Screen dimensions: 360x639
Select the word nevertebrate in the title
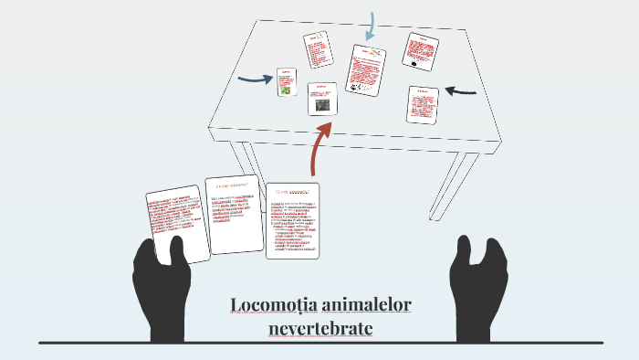pos(321,326)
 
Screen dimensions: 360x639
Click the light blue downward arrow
pos(371,26)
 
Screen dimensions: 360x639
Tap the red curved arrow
pos(319,146)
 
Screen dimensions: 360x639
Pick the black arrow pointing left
pos(460,90)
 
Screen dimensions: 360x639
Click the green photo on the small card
pos(286,90)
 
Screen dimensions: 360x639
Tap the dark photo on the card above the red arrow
pos(322,104)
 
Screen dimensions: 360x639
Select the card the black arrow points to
pos(423,105)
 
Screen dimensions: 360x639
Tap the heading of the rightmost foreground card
pos(293,190)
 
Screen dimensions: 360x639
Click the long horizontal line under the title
pos(319,343)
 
